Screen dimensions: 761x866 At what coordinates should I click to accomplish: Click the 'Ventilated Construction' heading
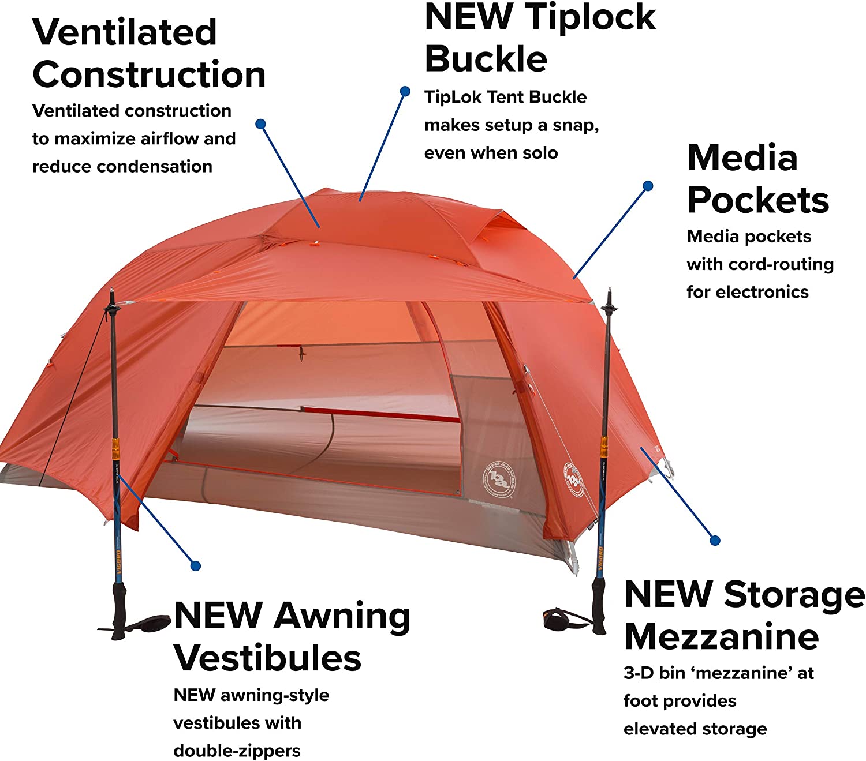148,53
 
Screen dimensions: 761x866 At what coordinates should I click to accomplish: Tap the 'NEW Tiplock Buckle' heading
540,38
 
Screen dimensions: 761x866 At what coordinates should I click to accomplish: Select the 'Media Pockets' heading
757,179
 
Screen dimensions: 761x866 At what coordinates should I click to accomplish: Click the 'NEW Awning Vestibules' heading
292,636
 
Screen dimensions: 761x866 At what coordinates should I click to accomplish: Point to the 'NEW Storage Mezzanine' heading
744,615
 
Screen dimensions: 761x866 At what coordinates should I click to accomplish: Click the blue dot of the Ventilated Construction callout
260,123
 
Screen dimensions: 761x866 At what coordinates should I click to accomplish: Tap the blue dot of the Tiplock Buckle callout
405,91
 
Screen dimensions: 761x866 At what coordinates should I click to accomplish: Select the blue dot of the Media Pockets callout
648,186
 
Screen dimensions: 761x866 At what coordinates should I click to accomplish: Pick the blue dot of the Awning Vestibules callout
196,566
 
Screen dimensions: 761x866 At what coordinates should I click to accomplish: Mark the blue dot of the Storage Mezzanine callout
715,541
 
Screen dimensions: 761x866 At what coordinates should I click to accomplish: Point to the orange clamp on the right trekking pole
604,445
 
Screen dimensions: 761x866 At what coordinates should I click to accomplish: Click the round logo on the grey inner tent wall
497,477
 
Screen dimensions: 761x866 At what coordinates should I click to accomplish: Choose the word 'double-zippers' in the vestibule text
237,751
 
